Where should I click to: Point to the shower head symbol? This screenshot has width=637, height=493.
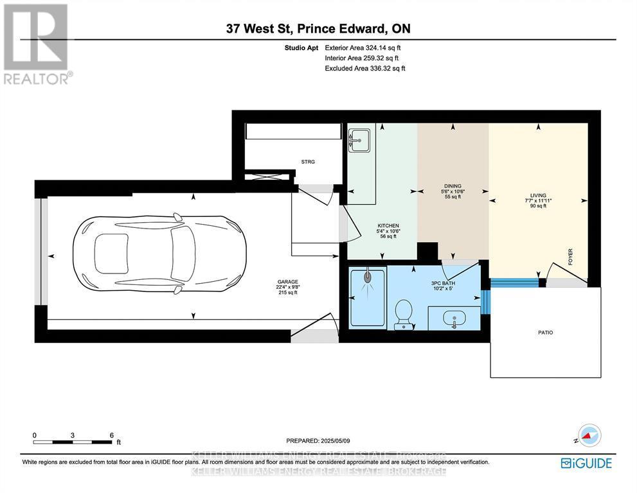368,277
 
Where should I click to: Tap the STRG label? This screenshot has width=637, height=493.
309,162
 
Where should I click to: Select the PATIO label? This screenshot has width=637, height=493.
545,333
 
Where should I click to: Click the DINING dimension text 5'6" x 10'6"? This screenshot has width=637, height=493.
453,191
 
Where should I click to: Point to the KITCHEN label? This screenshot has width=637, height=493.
388,225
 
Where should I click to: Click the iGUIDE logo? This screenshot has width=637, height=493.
586,463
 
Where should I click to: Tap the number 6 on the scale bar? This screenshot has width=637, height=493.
112,435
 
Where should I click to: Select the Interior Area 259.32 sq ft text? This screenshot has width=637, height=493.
364,58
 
